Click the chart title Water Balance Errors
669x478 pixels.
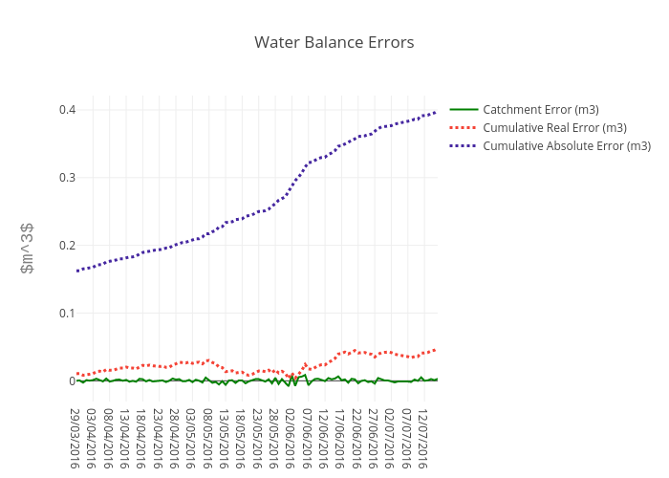[x=334, y=43]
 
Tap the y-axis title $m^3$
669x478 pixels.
[x=28, y=249]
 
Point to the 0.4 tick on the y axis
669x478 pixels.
[x=66, y=110]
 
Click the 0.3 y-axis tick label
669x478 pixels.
[x=66, y=178]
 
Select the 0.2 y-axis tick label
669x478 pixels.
[x=66, y=246]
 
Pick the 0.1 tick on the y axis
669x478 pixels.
[x=66, y=314]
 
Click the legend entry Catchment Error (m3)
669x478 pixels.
[x=541, y=110]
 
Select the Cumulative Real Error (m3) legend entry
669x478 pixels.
[x=554, y=128]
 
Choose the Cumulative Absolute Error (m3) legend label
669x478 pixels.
[x=567, y=146]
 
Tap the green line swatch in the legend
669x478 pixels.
[x=464, y=110]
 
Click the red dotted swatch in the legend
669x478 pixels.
[x=464, y=128]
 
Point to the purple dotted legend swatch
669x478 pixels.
[x=464, y=146]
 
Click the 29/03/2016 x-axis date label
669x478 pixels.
[x=76, y=438]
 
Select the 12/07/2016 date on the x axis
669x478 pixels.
[x=423, y=438]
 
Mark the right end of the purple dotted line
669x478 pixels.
[x=436, y=112]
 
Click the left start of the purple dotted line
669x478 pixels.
[x=77, y=271]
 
